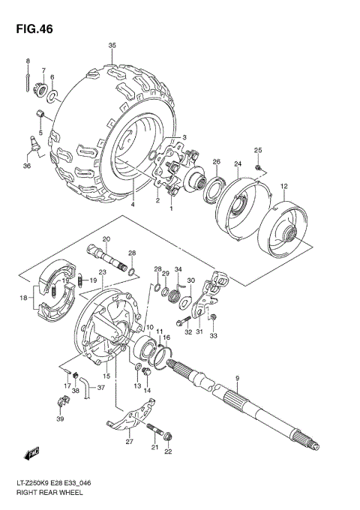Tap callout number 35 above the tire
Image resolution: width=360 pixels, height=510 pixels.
tap(112, 46)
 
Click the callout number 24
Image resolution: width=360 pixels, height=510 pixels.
tap(237, 164)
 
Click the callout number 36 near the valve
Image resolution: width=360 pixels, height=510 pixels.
tap(27, 165)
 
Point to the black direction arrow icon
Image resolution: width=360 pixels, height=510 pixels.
tap(32, 454)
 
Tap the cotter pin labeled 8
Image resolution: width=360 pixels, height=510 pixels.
tap(28, 76)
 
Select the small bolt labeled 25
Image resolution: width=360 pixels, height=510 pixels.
tap(257, 169)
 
